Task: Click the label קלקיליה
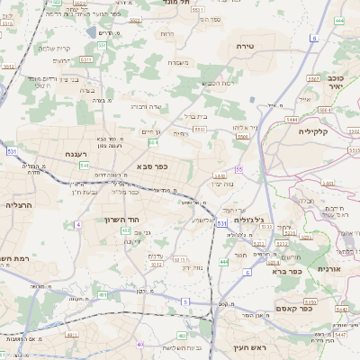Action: tap(316, 130)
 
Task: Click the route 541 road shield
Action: tap(84, 166)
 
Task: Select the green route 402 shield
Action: tap(125, 230)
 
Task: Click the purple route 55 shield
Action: tap(239, 168)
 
